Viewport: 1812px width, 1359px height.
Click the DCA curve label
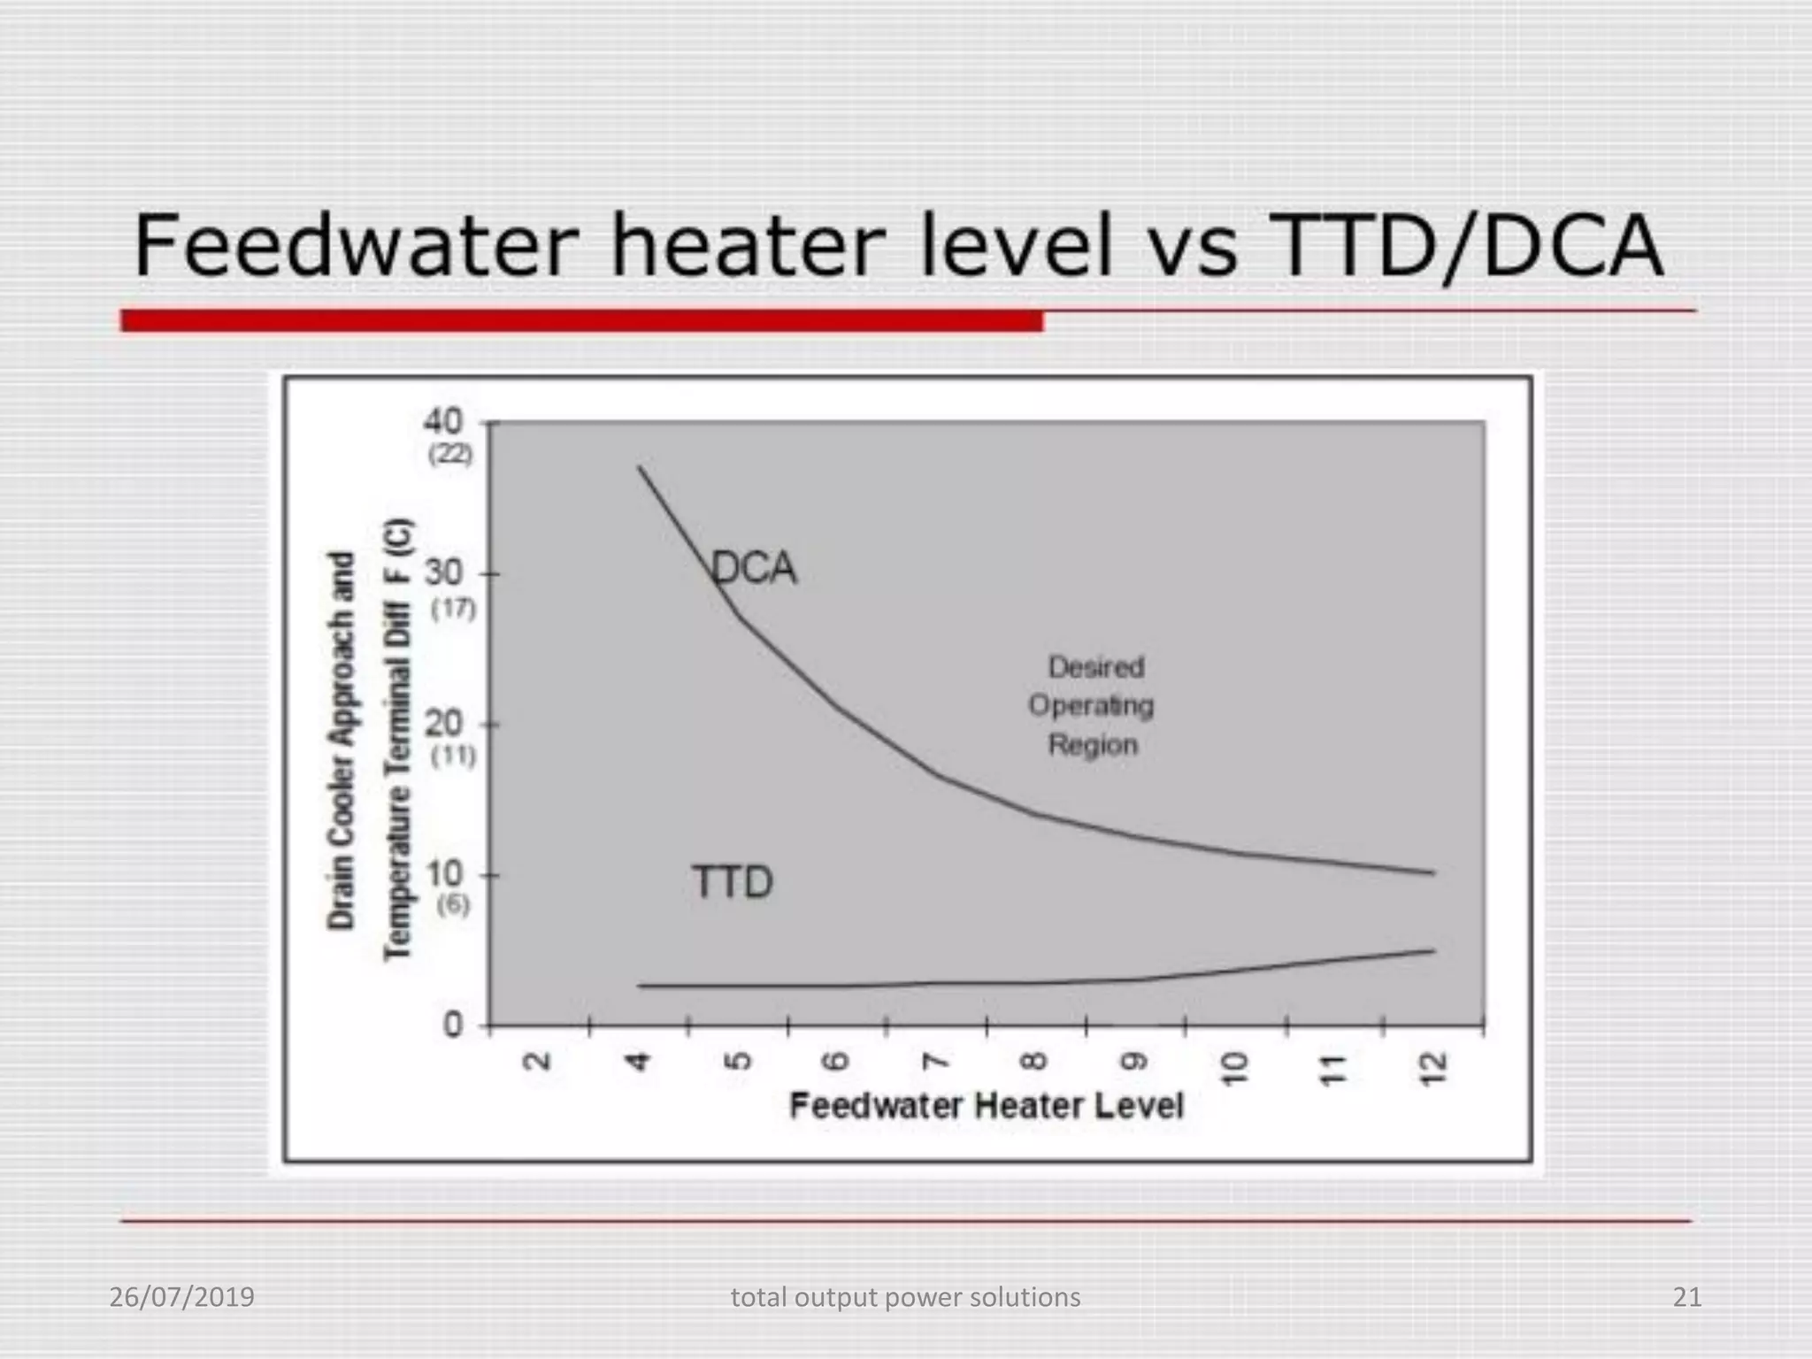pos(754,568)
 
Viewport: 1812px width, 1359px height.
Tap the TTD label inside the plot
pos(732,882)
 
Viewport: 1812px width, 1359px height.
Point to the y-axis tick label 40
pos(442,421)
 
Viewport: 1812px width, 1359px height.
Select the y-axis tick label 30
pos(443,573)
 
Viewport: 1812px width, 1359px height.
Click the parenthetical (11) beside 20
pos(452,756)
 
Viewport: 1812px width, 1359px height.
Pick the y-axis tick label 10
pos(443,874)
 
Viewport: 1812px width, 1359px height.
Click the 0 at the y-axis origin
pos(453,1025)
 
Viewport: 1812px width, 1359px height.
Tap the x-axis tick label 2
pos(538,1061)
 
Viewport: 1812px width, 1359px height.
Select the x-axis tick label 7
pos(935,1061)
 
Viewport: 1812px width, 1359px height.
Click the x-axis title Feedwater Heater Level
pos(986,1106)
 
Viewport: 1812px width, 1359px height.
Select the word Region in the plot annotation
pos(1093,745)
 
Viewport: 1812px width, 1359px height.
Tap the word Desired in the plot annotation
pos(1095,667)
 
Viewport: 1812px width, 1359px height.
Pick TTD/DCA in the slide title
pos(1465,246)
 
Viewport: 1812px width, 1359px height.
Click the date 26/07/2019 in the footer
pos(181,1297)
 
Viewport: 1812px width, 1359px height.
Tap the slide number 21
pos(1686,1297)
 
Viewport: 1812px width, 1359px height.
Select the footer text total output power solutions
pos(905,1297)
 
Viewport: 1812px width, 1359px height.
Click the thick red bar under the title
pos(581,320)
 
